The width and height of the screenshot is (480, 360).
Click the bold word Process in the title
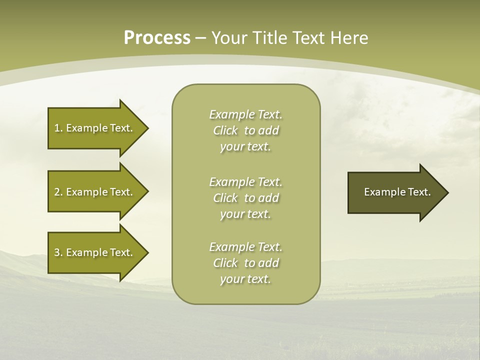157,38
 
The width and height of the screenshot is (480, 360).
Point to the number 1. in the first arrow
58,128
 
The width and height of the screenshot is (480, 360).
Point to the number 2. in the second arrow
58,192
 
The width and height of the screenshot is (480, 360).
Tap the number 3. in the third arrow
58,252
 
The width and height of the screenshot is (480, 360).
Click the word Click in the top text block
225,130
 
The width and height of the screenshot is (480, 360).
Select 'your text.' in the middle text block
245,214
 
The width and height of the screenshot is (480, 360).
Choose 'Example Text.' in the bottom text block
245,247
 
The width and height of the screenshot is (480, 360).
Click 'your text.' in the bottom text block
245,279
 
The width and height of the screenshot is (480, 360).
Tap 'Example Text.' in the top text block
245,114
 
